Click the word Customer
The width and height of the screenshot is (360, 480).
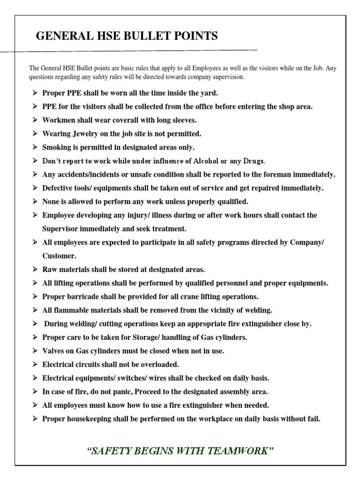(59, 256)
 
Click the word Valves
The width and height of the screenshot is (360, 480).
(53, 351)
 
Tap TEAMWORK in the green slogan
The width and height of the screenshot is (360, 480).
(240, 451)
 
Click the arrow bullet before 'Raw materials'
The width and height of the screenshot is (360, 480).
(35, 270)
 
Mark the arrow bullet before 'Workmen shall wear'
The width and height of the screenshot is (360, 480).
(35, 120)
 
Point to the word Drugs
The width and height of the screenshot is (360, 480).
(253, 161)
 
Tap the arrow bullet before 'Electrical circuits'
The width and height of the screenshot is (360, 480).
(35, 364)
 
